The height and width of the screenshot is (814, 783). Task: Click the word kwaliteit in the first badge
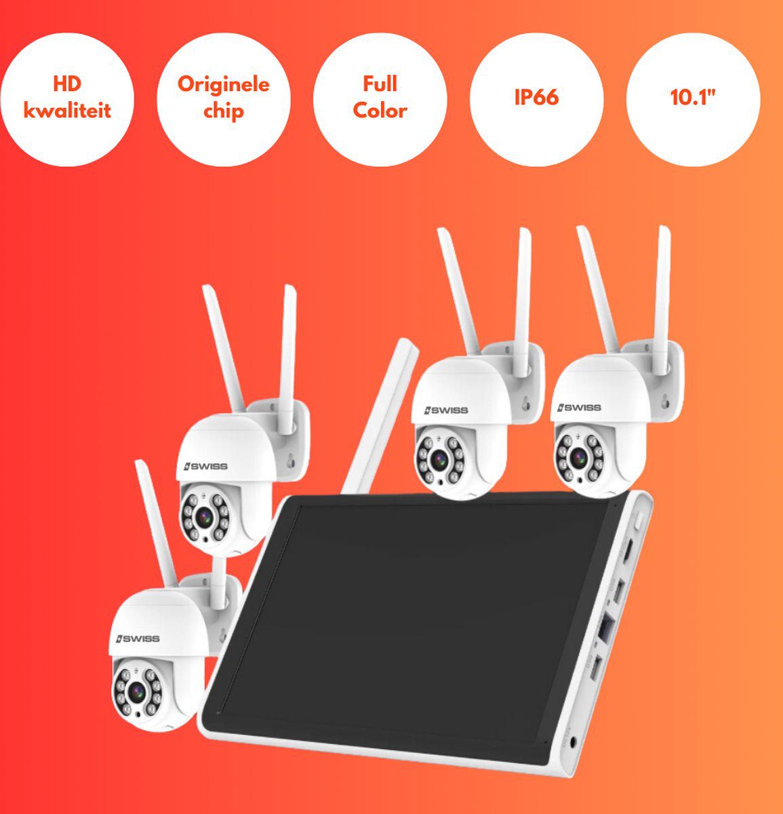[x=67, y=111]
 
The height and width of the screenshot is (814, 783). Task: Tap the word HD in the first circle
[x=67, y=84]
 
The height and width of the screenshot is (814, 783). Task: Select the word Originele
[x=224, y=85]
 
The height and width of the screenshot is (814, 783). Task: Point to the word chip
[x=224, y=111]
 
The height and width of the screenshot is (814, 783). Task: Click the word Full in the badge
[x=380, y=83]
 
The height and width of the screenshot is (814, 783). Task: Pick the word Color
[x=380, y=111]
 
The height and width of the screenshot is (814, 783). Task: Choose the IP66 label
[x=536, y=98]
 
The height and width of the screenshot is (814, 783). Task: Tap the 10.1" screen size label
[x=693, y=98]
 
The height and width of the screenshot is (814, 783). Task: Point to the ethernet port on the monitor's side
[x=605, y=628]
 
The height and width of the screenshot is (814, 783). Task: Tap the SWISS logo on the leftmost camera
[x=138, y=639]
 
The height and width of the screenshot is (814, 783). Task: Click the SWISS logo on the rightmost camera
[x=580, y=407]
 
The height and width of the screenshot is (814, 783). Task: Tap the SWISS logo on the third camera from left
[x=446, y=410]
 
